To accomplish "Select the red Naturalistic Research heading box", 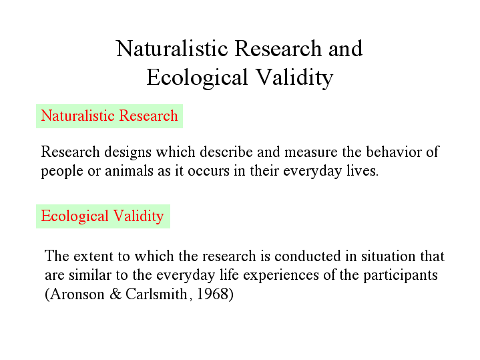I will [x=109, y=116].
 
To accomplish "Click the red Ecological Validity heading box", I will [x=102, y=216].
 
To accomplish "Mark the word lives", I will [x=363, y=171].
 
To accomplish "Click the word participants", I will [x=399, y=275].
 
